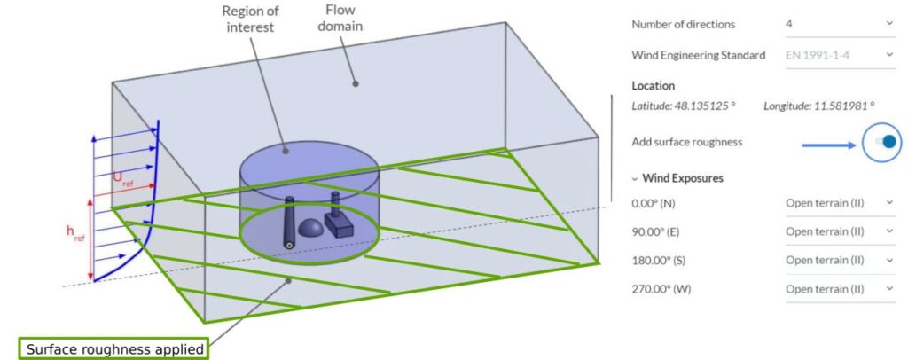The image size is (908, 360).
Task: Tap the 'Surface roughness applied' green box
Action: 115,349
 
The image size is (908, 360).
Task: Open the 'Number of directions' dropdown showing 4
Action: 839,24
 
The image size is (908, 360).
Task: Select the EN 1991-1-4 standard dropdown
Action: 839,55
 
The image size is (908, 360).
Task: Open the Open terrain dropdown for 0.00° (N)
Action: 839,203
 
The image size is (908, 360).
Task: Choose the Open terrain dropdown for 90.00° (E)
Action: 839,231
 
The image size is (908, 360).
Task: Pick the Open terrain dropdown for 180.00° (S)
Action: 839,260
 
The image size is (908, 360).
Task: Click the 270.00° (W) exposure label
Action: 661,289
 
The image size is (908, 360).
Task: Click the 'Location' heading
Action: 654,86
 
